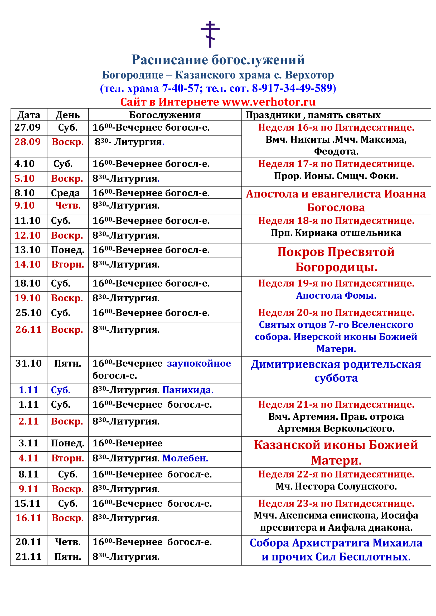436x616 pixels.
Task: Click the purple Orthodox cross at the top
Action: (x=210, y=34)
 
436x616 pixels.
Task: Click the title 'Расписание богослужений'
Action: (x=218, y=60)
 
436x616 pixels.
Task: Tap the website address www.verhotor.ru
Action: (x=268, y=102)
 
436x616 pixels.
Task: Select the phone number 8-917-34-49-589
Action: (x=292, y=88)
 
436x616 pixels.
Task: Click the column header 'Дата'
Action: (x=29, y=115)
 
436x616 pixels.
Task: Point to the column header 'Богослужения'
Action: (x=164, y=115)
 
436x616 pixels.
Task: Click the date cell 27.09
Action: (x=28, y=127)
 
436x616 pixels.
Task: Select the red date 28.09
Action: (x=28, y=142)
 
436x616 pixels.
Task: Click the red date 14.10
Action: (x=28, y=264)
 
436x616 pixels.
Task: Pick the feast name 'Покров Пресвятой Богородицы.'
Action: (x=336, y=259)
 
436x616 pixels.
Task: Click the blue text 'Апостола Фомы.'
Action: (x=336, y=295)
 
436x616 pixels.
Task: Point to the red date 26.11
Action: (x=28, y=330)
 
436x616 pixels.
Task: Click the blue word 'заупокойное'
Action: (x=199, y=363)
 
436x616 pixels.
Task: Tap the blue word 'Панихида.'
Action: (x=188, y=390)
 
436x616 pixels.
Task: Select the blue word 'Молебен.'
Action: (x=185, y=458)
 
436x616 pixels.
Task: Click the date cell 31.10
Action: (x=28, y=363)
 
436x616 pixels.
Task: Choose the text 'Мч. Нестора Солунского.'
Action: (x=336, y=486)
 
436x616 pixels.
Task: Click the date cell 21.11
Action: (x=28, y=557)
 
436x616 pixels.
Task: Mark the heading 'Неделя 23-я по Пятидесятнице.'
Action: (x=336, y=504)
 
